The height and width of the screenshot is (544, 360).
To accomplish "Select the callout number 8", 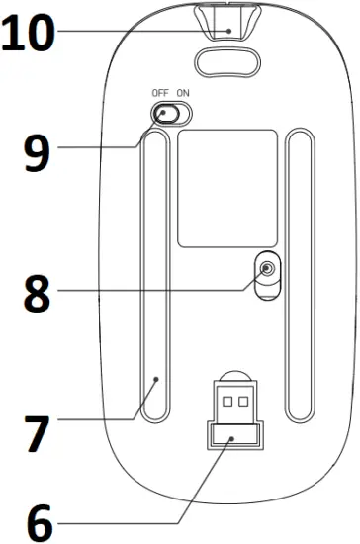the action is coord(36,295).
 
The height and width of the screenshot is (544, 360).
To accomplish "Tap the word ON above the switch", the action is coord(182,93).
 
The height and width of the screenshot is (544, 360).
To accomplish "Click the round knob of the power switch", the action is coord(163,115).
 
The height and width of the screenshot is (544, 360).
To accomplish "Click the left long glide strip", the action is coord(154,277).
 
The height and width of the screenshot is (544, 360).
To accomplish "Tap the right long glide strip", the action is coord(297,277).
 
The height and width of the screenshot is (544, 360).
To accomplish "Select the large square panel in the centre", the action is coord(226,187).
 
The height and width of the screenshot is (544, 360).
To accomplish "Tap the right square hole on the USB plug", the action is coord(242,403).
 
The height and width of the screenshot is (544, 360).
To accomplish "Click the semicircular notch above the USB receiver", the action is coord(232,377).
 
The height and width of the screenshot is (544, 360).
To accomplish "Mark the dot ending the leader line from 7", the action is coord(156,379).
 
